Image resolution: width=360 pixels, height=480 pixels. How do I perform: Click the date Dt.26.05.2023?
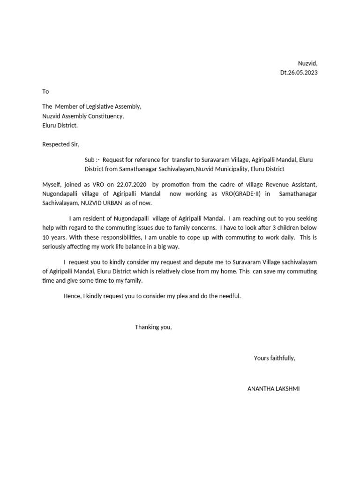299,73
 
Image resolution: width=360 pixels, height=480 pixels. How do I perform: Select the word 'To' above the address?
45,91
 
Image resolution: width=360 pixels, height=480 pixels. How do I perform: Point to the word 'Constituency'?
105,116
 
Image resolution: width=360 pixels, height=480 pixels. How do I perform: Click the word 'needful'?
228,296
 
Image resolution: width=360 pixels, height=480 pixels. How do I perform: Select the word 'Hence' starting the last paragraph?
72,296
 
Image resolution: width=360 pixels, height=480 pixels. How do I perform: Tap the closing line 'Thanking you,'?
153,327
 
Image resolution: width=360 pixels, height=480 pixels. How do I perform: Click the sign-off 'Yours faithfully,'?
274,358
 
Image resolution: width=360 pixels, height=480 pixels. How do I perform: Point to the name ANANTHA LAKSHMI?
273,389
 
